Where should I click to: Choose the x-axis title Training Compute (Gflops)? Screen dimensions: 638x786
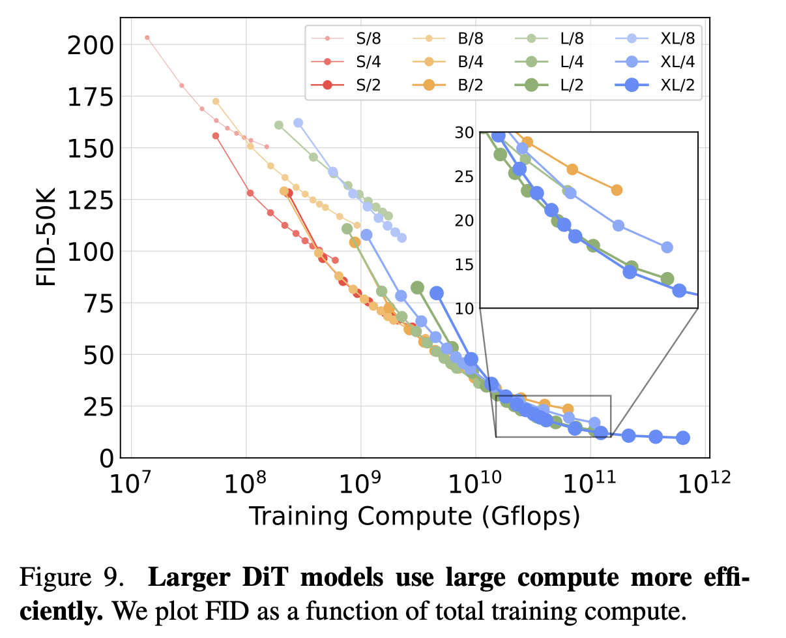(x=415, y=516)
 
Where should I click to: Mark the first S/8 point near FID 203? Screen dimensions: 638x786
(x=147, y=38)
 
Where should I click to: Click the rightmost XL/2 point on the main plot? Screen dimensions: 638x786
(x=683, y=438)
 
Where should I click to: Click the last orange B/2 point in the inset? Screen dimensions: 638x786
(x=617, y=190)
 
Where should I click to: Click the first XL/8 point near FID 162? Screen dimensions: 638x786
(x=298, y=123)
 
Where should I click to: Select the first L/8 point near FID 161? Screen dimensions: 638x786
(x=279, y=125)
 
